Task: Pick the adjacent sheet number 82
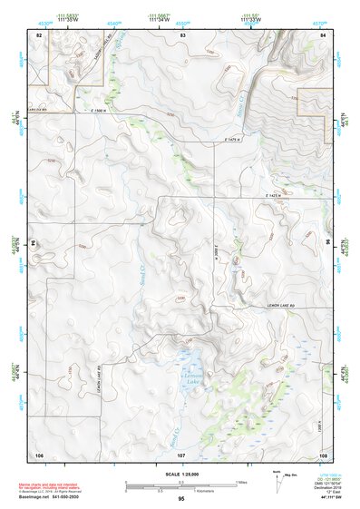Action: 38,34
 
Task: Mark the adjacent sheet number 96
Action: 326,243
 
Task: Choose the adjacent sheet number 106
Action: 39,453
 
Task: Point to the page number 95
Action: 181,499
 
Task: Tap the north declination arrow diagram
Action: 277,478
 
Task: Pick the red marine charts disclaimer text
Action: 53,485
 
